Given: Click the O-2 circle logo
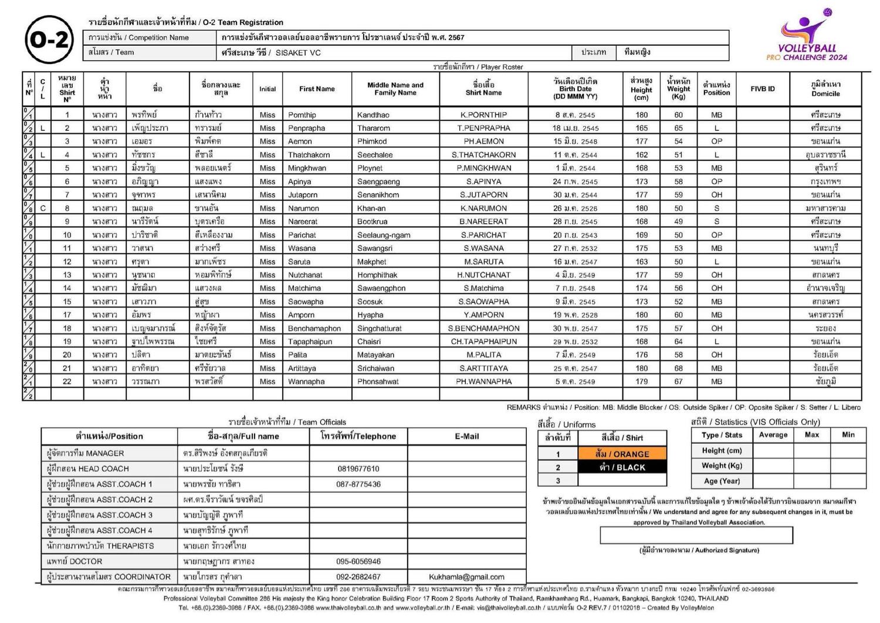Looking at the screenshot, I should point(49,41).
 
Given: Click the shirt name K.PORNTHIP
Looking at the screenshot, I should point(483,115).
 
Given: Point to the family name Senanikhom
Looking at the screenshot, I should point(378,195).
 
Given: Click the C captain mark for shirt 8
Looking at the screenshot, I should point(43,208).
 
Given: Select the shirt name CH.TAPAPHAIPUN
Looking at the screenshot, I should point(483,342).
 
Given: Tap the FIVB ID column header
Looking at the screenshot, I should point(762,89).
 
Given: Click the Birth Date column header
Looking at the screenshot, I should point(575,89).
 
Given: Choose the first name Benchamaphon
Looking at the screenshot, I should point(314,329).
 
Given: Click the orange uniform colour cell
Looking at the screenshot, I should point(622,454).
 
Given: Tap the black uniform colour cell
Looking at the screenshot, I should point(622,467).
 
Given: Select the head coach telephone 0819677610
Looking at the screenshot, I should point(358,469).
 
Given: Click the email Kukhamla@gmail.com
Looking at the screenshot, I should point(466,577).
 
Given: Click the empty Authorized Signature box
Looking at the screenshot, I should point(696,536).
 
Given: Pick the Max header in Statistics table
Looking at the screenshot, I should point(811,435).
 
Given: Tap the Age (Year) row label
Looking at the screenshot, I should point(722,481).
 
